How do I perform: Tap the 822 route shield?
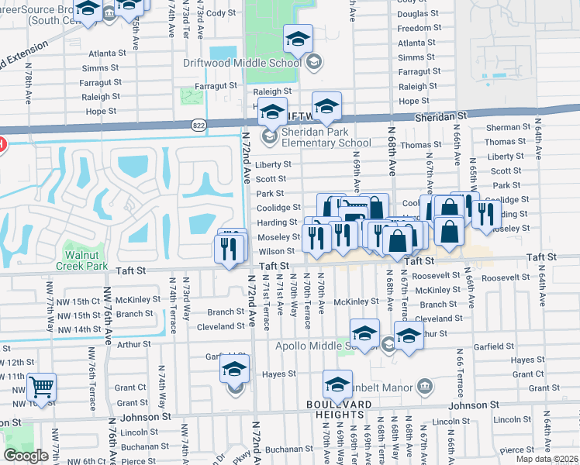[x=199, y=123]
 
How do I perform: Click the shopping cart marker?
[x=42, y=385]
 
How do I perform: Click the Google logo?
[x=26, y=456]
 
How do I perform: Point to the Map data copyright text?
[x=548, y=459]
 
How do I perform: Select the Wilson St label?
[x=277, y=251]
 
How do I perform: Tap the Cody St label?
[x=220, y=13]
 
